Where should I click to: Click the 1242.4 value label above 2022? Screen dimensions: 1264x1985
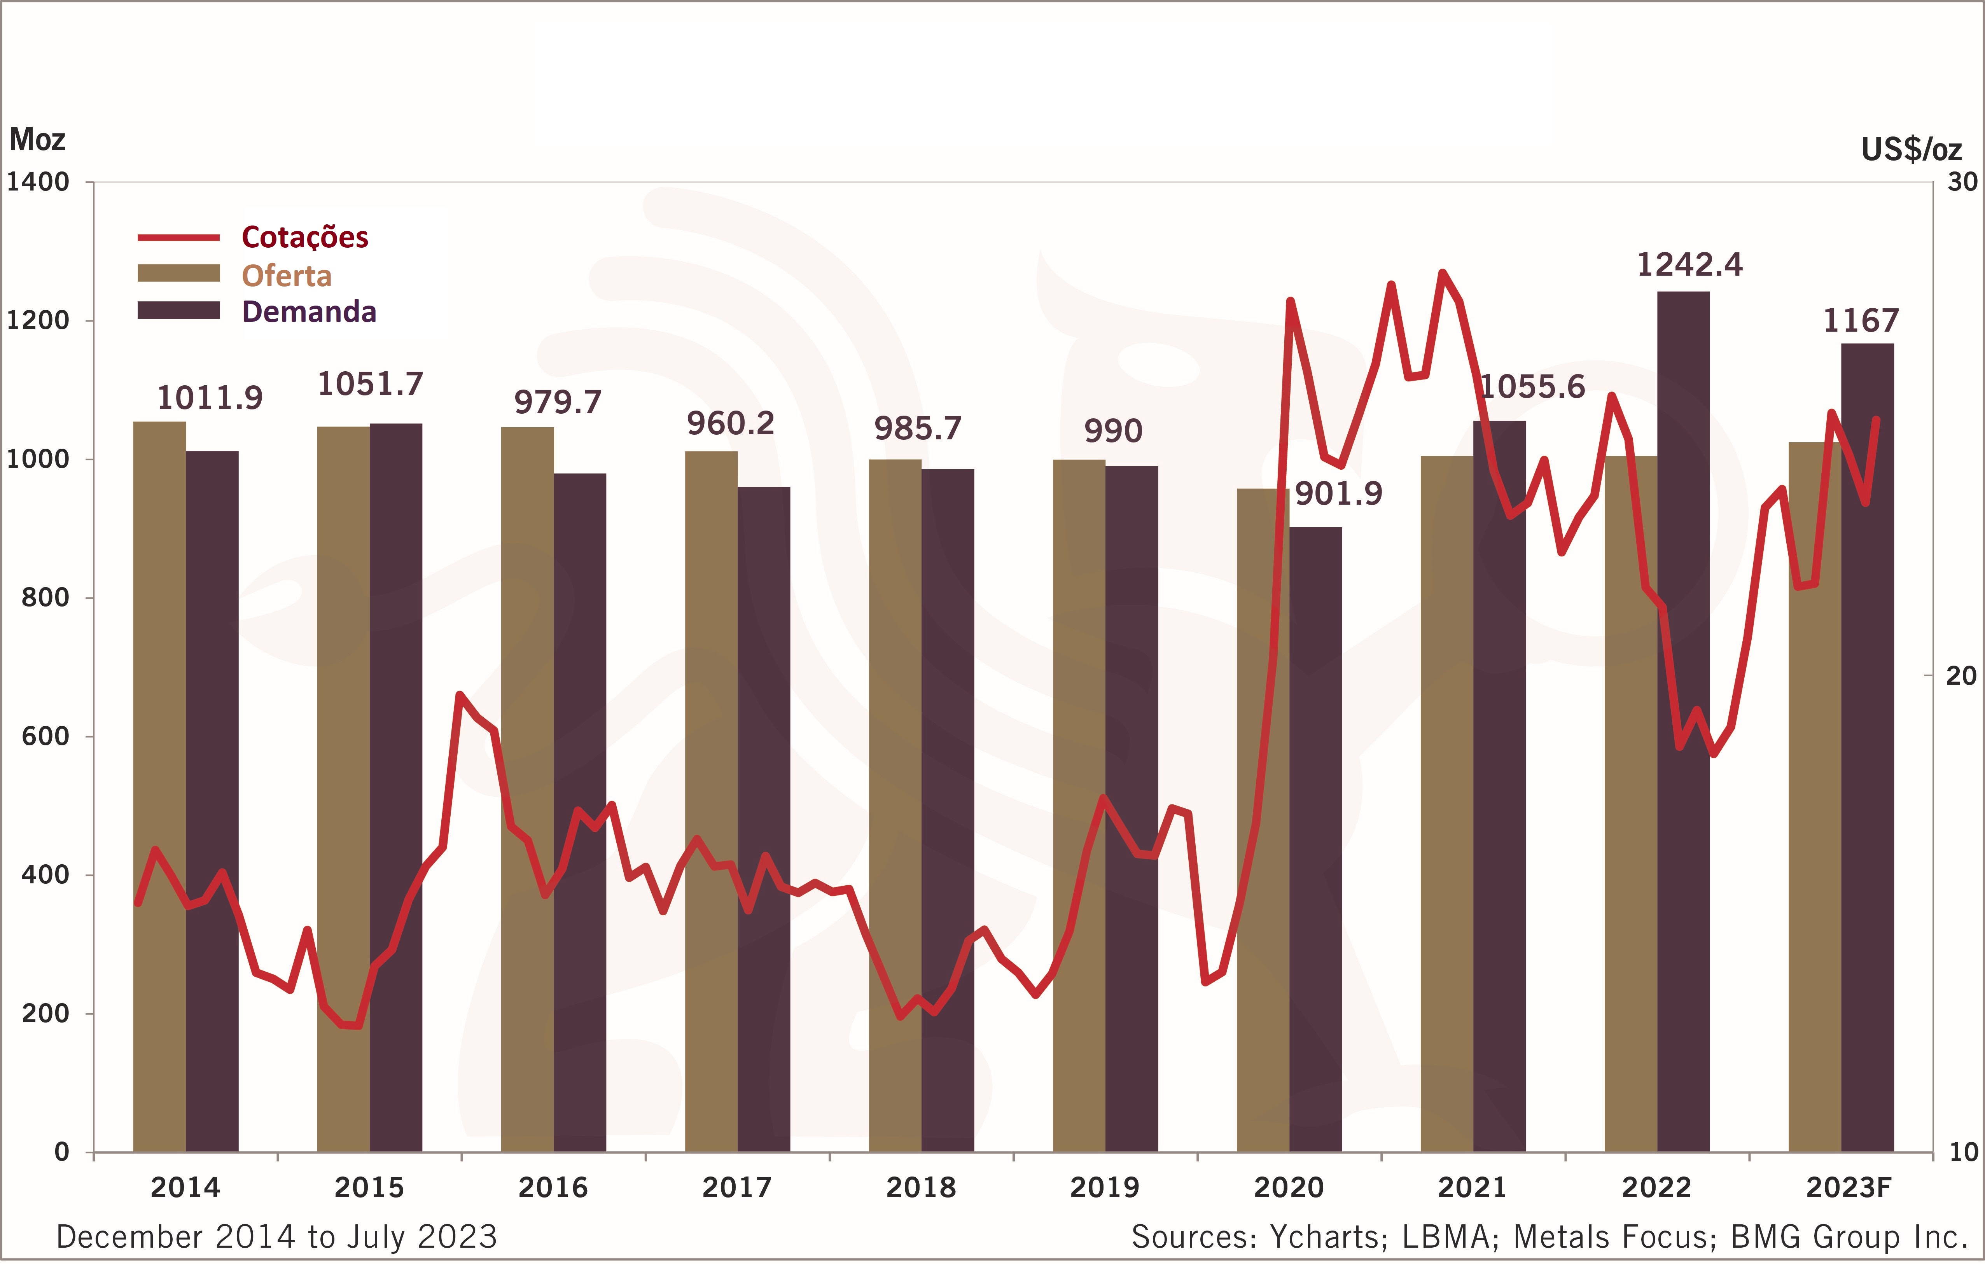(x=1689, y=265)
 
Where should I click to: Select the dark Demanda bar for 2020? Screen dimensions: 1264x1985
(x=1316, y=841)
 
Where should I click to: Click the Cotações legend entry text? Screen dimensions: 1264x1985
(x=304, y=238)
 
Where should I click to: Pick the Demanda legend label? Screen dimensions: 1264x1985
(x=309, y=312)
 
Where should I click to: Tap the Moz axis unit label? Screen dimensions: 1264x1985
(x=37, y=139)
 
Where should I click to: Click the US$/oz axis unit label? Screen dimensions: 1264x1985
(x=1911, y=149)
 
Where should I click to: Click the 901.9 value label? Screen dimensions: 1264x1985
(x=1338, y=493)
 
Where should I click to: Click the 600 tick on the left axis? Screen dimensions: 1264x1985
(x=45, y=736)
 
